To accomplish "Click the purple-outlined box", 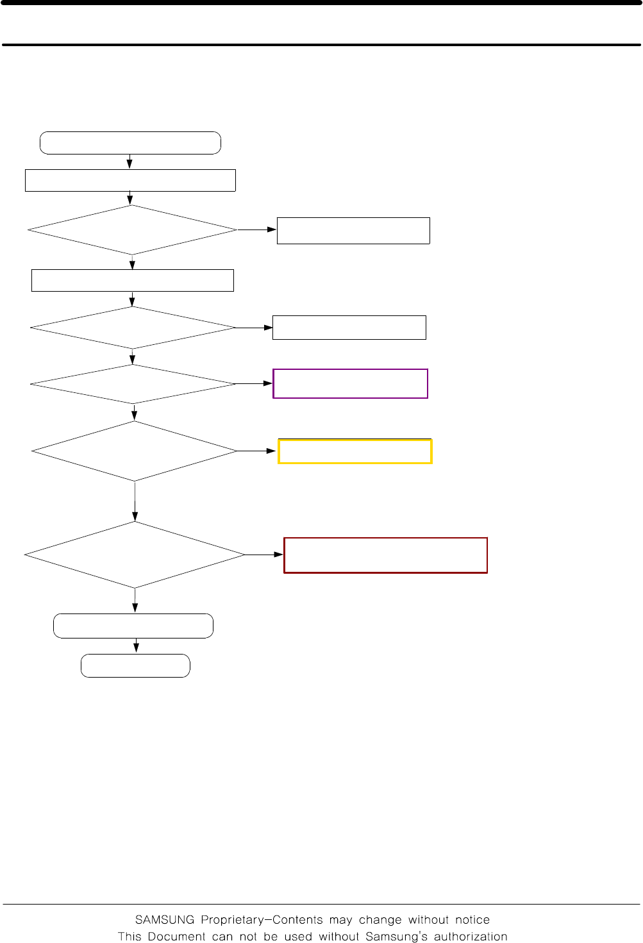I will (x=350, y=383).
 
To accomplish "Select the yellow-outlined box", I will (x=355, y=451).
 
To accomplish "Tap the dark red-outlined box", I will (x=385, y=555).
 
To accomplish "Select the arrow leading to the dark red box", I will (x=264, y=555).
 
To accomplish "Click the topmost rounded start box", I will (x=130, y=143).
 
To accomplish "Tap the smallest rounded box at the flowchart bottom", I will (x=135, y=665).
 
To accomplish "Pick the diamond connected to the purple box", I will (x=133, y=384).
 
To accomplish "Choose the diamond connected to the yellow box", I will (x=135, y=451).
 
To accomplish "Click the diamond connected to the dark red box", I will (x=135, y=555).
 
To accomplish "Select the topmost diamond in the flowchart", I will (x=132, y=229).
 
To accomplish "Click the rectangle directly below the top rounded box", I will (x=130, y=180).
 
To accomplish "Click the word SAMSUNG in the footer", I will (x=165, y=920).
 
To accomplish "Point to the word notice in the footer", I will (x=472, y=920).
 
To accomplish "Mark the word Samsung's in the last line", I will (x=396, y=937).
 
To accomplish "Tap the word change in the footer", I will (x=381, y=920).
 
